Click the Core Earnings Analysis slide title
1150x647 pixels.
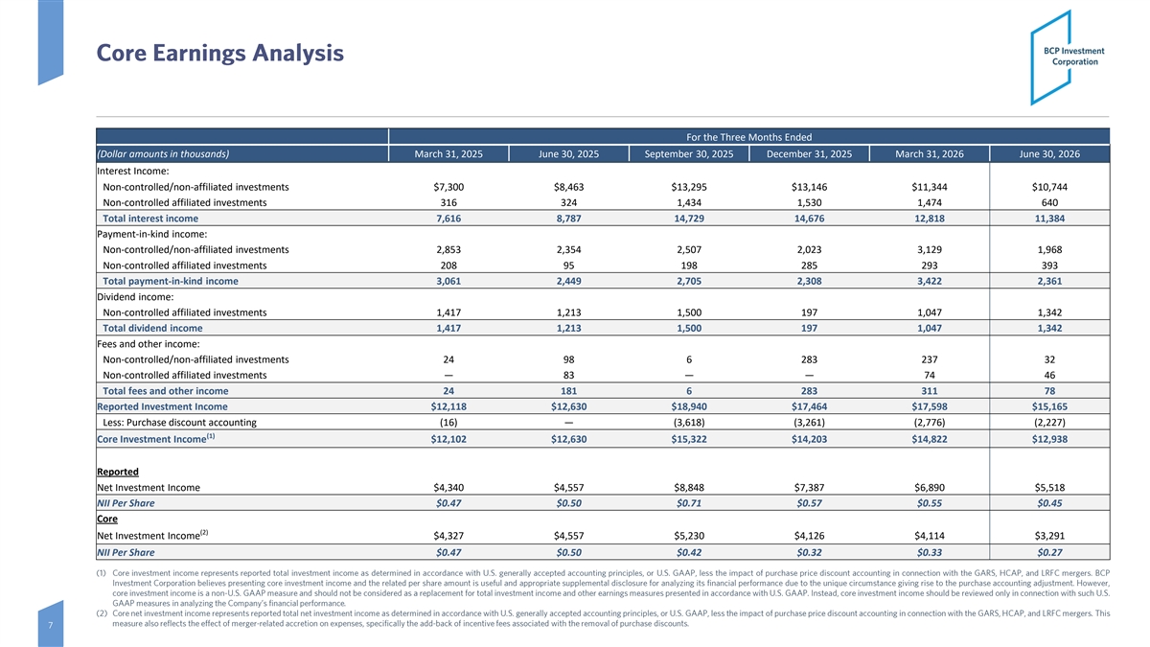[219, 53]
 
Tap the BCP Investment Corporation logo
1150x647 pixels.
[1068, 57]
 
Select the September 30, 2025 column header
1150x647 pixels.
[689, 154]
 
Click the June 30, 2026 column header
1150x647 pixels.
[1049, 154]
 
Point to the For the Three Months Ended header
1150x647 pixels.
[749, 137]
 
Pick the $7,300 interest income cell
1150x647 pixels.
[448, 187]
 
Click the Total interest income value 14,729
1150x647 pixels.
[689, 219]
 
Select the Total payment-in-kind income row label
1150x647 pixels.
[171, 281]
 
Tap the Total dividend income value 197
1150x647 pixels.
[809, 328]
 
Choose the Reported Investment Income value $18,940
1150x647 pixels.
[689, 406]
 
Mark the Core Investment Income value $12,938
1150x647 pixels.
[1049, 439]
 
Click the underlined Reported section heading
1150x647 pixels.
[118, 472]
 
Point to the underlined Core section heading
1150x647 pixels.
[107, 519]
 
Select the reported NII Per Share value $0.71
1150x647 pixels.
[689, 503]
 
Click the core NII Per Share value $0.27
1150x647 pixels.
[1049, 552]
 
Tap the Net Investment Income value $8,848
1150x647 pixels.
[689, 487]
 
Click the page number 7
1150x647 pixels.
[50, 625]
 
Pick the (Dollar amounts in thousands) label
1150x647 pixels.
[163, 154]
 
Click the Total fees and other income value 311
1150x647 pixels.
[930, 391]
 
